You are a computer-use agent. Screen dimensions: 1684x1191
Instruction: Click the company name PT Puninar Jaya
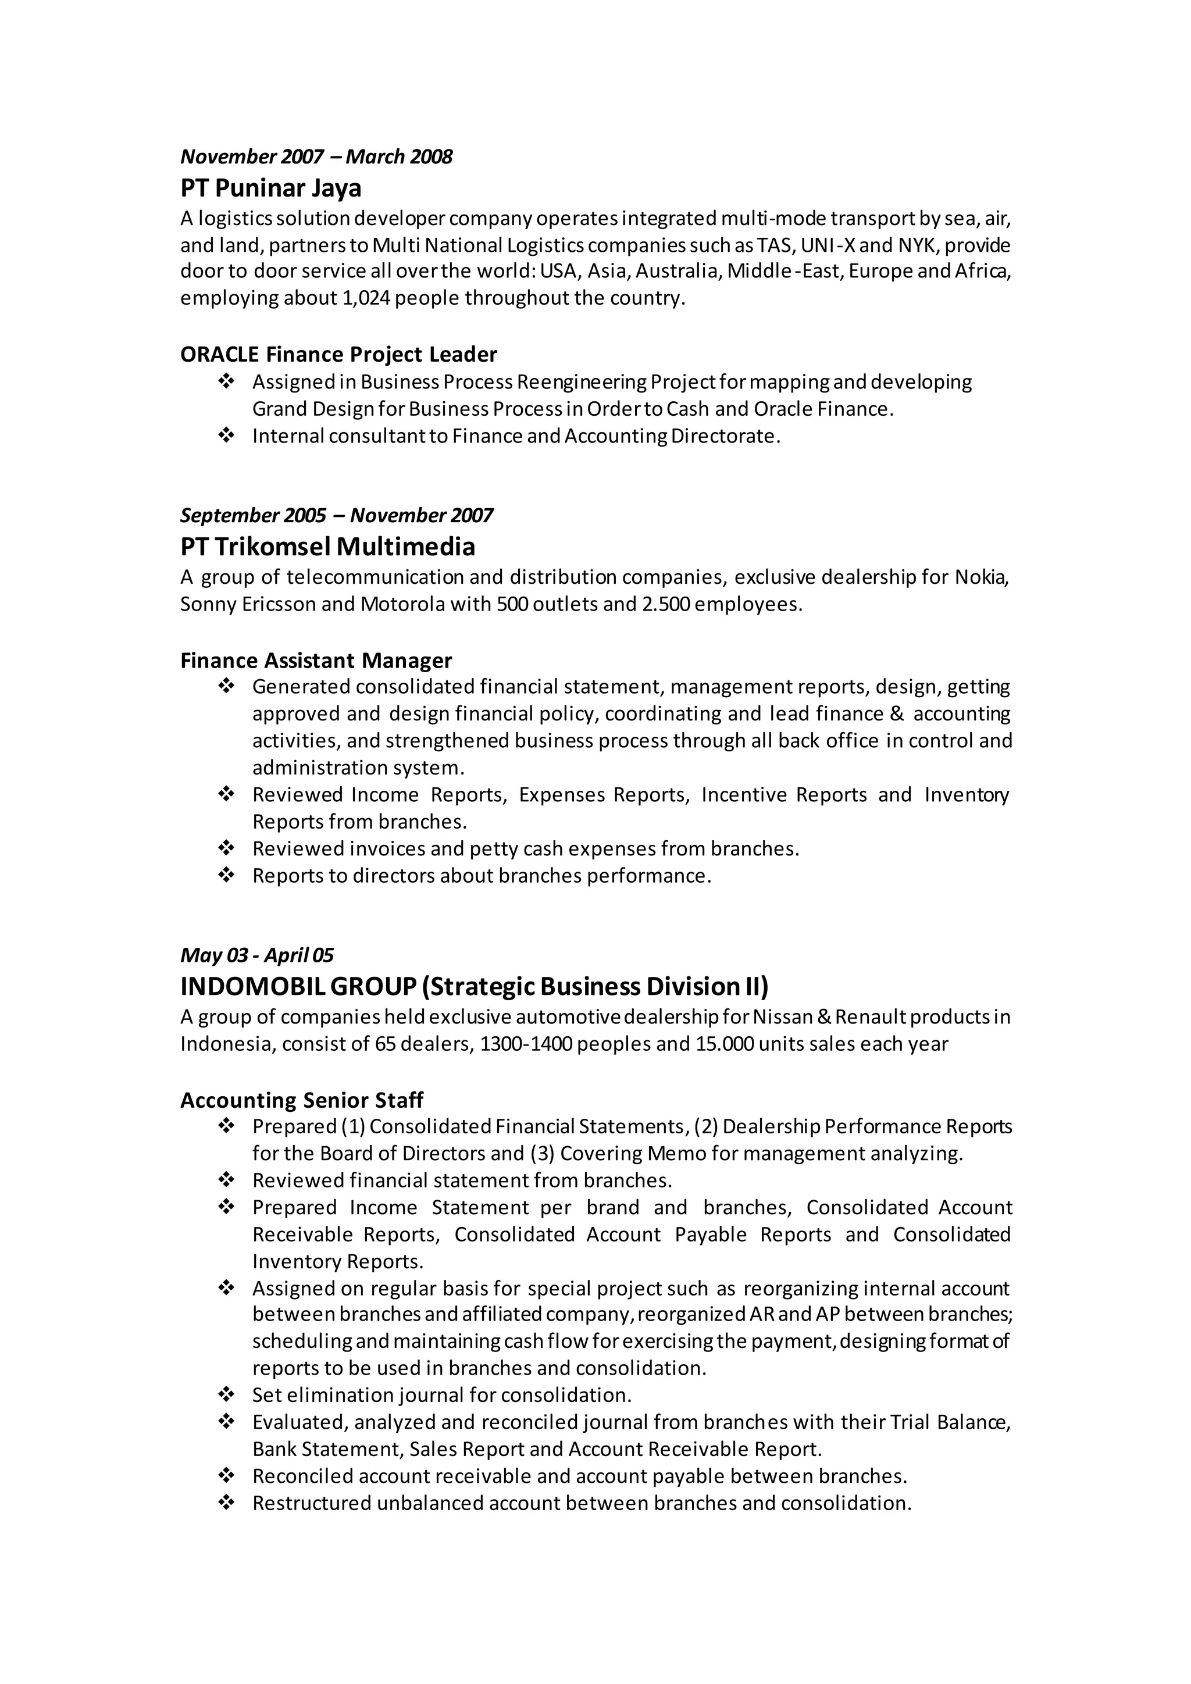(x=270, y=188)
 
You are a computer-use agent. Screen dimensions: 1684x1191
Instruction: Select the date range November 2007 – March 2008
(x=316, y=156)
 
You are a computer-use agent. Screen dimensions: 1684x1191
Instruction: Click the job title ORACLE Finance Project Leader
(x=338, y=355)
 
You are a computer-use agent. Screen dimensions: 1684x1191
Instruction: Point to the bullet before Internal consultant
(x=226, y=436)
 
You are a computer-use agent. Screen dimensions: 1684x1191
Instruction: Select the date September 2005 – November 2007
(x=337, y=515)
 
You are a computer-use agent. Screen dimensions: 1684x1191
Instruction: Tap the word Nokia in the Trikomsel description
(x=980, y=578)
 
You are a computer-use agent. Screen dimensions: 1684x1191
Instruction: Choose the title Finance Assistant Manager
(x=316, y=661)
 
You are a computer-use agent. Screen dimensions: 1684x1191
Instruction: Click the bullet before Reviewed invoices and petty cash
(x=226, y=848)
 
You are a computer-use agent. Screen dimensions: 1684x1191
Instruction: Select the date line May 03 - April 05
(x=256, y=955)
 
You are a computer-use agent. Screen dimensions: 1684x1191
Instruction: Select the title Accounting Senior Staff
(x=301, y=1100)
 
